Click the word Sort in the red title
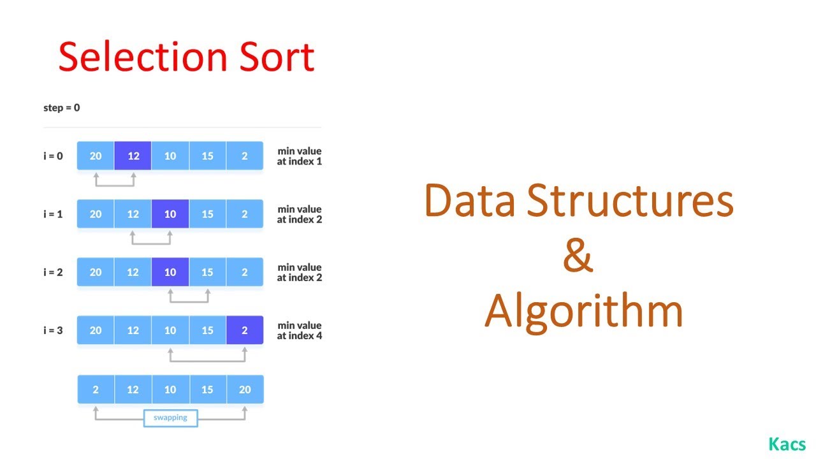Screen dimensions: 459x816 click(x=279, y=57)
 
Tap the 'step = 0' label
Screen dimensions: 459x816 click(x=62, y=108)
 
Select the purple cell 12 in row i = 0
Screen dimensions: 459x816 click(x=133, y=156)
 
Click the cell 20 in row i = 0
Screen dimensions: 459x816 click(x=96, y=156)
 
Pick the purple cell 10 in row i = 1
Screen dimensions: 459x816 click(x=170, y=214)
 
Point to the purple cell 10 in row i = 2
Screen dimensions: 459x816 click(x=170, y=272)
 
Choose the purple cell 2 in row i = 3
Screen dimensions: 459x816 click(x=245, y=330)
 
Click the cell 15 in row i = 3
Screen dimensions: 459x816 click(x=207, y=330)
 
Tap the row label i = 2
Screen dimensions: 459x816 click(x=53, y=272)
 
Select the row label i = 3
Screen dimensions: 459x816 click(x=53, y=330)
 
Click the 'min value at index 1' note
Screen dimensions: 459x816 click(x=299, y=156)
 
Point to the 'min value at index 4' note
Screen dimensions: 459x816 click(x=299, y=330)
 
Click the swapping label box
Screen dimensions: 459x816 click(x=170, y=418)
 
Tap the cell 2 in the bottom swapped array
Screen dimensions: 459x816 click(x=96, y=390)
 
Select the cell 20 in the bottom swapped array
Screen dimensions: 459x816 click(x=245, y=390)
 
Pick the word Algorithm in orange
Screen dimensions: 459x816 click(x=583, y=310)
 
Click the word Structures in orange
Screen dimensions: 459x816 click(x=630, y=201)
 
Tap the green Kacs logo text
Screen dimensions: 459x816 click(x=787, y=444)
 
